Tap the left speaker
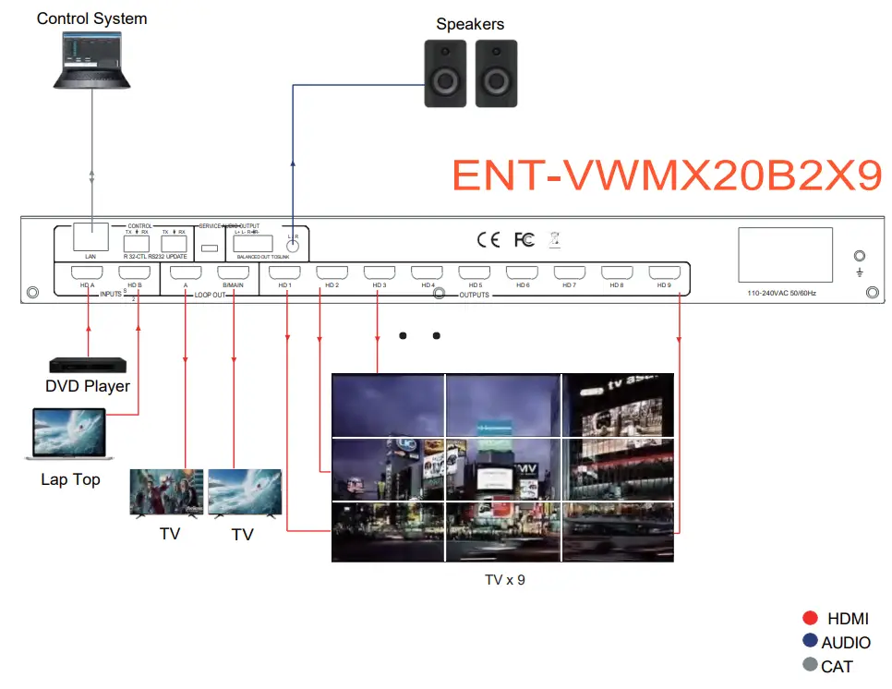coord(444,73)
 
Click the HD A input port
coord(89,273)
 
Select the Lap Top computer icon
coord(70,434)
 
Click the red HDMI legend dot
coord(811,619)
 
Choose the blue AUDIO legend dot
coord(811,642)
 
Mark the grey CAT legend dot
coord(811,665)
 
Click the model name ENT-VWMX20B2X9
coord(667,176)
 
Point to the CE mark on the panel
coord(488,240)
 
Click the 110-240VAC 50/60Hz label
coord(782,293)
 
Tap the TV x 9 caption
coord(504,580)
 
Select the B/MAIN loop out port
coord(233,273)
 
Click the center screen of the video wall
coord(503,468)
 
